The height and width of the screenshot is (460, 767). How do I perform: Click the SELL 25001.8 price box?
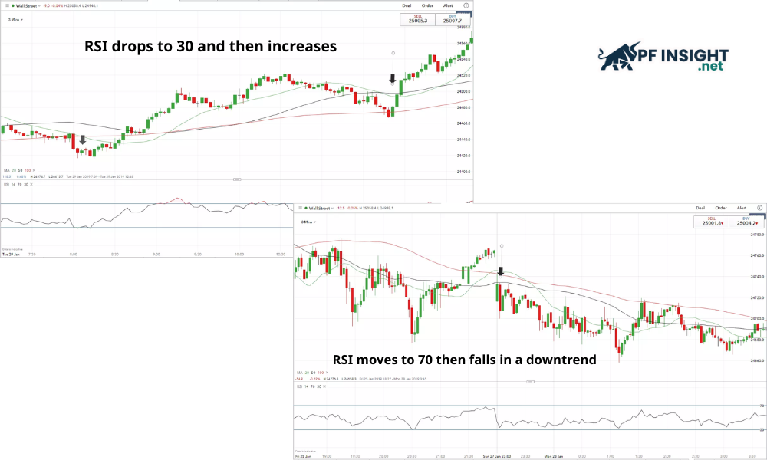point(709,222)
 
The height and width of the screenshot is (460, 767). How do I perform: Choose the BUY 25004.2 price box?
point(744,222)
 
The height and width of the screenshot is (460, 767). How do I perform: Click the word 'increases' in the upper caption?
point(302,47)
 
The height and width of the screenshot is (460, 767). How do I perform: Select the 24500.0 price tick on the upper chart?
point(464,91)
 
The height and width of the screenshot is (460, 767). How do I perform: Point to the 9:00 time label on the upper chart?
point(156,254)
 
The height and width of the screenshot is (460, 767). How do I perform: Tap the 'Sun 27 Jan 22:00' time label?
point(497,456)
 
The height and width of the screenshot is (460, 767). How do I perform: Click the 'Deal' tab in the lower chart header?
point(700,208)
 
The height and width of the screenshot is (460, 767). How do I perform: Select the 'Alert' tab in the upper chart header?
point(449,5)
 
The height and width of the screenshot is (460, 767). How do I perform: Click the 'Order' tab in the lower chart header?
point(721,208)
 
